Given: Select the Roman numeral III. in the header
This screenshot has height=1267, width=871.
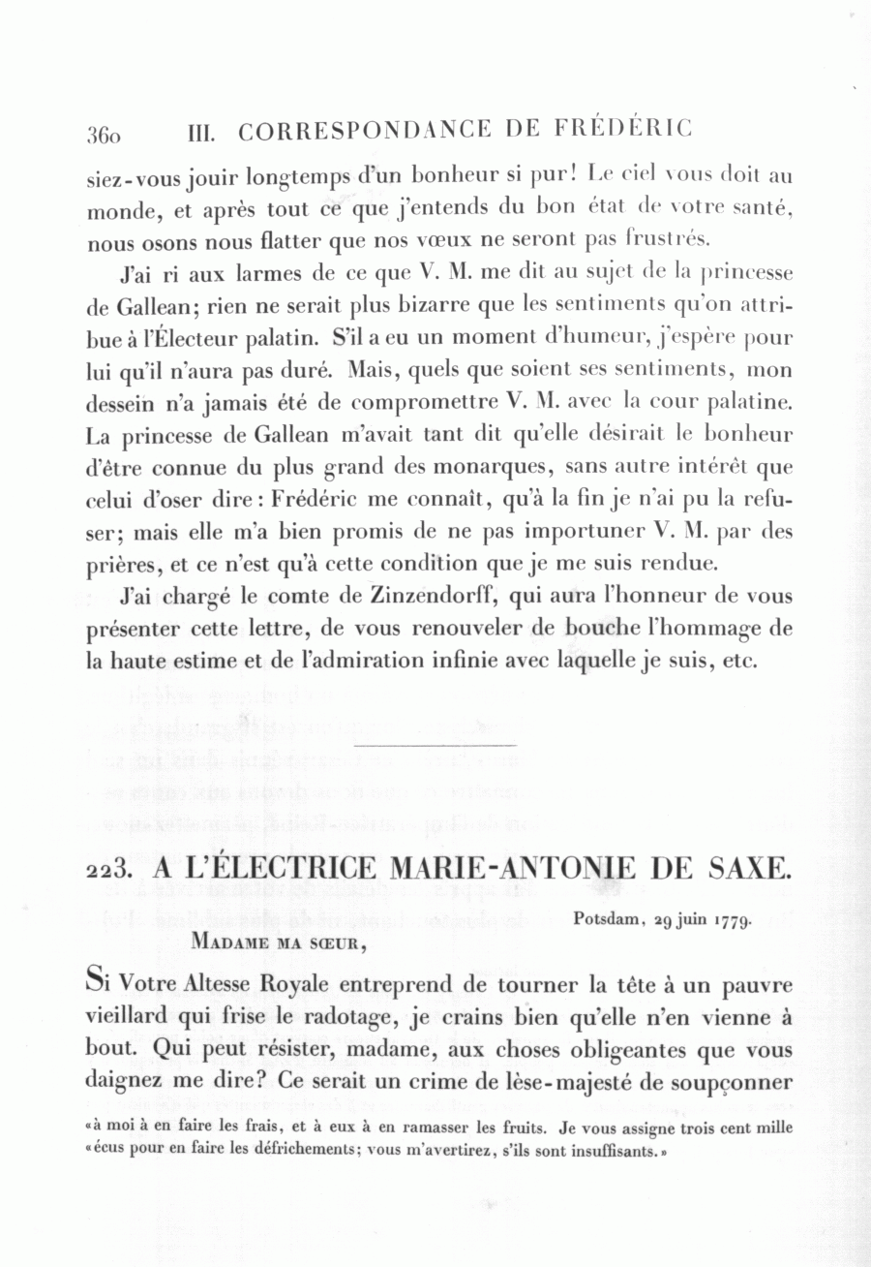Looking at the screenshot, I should coord(199,132).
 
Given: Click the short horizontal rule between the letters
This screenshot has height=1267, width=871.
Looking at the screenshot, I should coord(437,744).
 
